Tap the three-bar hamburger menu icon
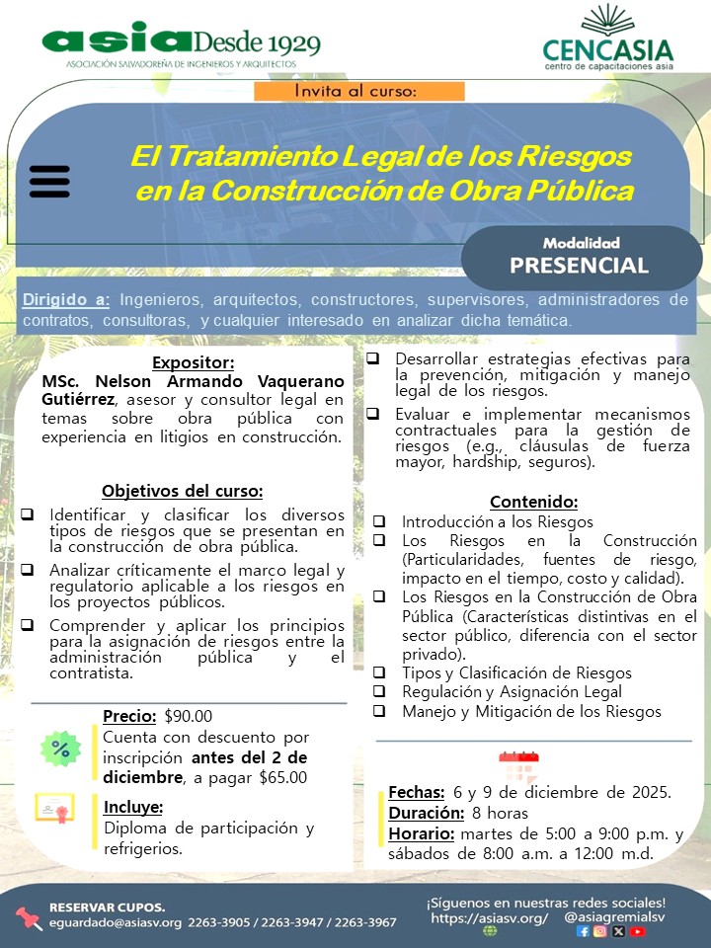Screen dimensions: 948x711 pyautogui.click(x=49, y=182)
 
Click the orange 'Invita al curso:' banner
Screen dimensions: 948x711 pyautogui.click(x=357, y=90)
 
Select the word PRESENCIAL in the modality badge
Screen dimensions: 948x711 pyautogui.click(x=579, y=265)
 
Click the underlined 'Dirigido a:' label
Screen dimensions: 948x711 pyautogui.click(x=66, y=299)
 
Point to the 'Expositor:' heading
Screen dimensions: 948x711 pyautogui.click(x=194, y=362)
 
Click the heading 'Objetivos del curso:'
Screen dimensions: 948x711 pyautogui.click(x=183, y=491)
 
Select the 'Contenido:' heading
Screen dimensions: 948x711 pyautogui.click(x=533, y=501)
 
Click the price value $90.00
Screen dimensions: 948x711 pyautogui.click(x=189, y=716)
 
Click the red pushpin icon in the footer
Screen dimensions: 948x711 pyautogui.click(x=28, y=917)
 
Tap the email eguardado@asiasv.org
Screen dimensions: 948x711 pyautogui.click(x=116, y=922)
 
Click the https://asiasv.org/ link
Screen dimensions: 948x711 pyautogui.click(x=489, y=917)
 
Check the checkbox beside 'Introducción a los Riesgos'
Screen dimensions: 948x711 pyautogui.click(x=379, y=521)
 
